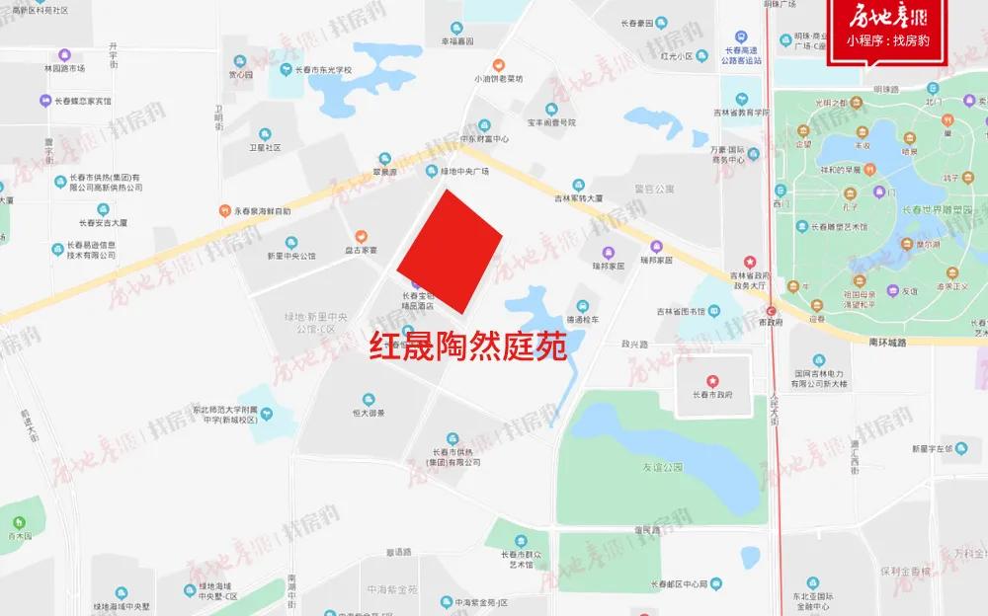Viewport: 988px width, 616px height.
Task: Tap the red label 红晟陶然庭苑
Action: (467, 347)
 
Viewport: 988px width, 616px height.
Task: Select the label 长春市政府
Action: (710, 394)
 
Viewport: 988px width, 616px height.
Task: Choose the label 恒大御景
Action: (368, 413)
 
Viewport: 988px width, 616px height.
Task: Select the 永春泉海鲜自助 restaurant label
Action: (262, 211)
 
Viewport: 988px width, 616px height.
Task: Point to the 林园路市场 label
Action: (64, 68)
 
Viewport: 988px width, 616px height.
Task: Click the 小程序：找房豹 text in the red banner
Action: (887, 41)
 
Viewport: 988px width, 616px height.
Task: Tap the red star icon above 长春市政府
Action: (710, 379)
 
